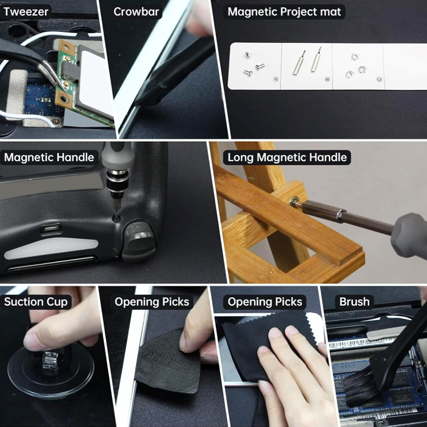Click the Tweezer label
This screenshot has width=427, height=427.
coord(26,12)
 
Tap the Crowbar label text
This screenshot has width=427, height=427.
coord(136,12)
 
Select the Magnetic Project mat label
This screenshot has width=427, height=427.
coord(284,12)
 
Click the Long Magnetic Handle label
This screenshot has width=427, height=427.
coord(287,158)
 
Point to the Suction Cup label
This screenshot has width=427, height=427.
coord(36,302)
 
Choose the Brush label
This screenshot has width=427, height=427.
coord(354,302)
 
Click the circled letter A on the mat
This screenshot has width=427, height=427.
coord(276,79)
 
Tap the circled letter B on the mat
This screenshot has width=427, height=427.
coord(327,79)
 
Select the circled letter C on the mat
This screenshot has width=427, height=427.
coord(379,79)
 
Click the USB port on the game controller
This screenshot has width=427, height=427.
coord(51,227)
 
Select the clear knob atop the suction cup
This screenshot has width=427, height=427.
coord(49,360)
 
